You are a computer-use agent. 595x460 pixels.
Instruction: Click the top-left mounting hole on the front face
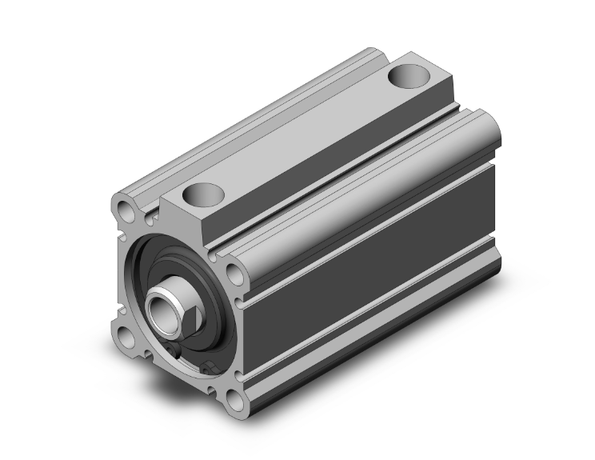click(126, 212)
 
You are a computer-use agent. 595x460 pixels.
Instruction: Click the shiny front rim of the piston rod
click(151, 300)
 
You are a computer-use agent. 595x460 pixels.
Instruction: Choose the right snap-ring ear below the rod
click(210, 368)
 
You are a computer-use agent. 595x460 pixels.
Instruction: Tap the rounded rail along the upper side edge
click(360, 168)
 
